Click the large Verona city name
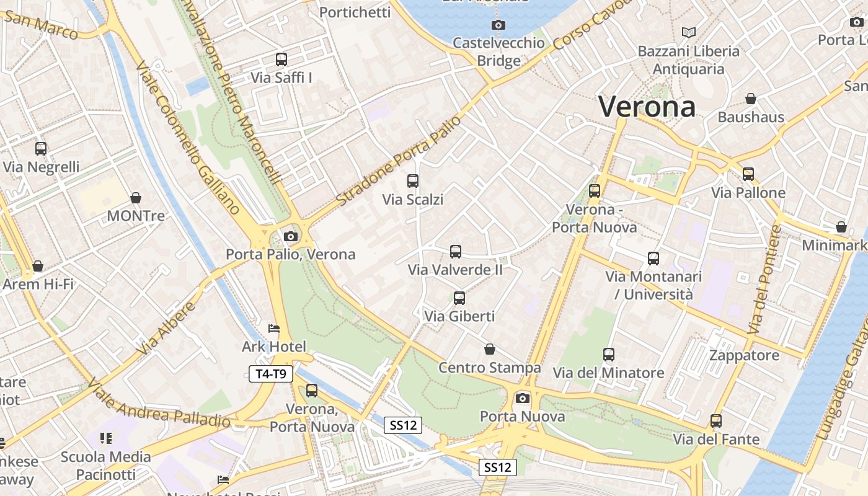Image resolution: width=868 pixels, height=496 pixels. point(647,106)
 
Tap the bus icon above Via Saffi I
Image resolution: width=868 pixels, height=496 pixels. point(281,60)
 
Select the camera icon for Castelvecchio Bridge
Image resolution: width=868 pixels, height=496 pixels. point(498,25)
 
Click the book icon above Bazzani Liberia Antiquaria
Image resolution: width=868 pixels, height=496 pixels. point(688,32)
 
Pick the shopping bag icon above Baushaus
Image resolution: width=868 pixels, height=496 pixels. point(751,99)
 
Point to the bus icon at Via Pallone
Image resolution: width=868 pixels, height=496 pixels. point(748,174)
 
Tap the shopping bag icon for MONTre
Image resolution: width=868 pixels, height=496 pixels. point(136,198)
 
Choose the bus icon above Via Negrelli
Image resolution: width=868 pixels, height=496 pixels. point(41,149)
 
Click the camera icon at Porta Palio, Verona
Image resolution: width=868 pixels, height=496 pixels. point(290,236)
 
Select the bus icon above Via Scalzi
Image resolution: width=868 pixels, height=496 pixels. point(413,181)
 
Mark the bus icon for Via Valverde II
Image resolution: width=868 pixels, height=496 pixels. point(456,252)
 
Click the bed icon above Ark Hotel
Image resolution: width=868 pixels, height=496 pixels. point(274,328)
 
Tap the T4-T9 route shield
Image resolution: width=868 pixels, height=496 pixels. point(271,373)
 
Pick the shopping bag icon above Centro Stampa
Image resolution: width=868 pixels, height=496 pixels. point(490,349)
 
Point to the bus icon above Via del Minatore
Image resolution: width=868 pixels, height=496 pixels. point(609,355)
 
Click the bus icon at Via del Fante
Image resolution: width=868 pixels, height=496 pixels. point(716,421)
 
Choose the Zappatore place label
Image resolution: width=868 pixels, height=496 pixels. point(744,355)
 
